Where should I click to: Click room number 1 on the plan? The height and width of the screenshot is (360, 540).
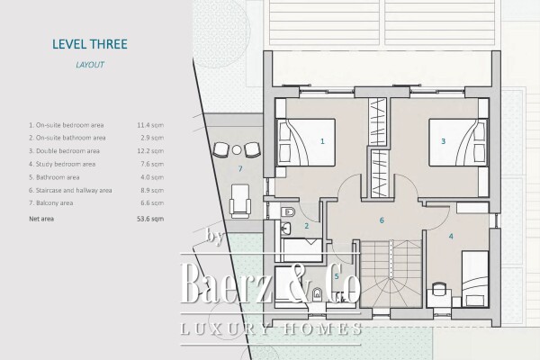(x=321, y=141)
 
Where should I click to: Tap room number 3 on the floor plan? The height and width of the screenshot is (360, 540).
(x=443, y=141)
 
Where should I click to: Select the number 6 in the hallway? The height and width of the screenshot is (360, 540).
(x=382, y=220)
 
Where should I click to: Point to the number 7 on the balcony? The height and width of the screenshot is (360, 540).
(x=239, y=168)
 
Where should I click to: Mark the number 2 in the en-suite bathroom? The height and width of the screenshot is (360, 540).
(x=307, y=226)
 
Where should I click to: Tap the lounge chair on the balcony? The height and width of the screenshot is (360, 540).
(x=238, y=197)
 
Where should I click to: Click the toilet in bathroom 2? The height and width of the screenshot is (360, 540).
(x=286, y=214)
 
